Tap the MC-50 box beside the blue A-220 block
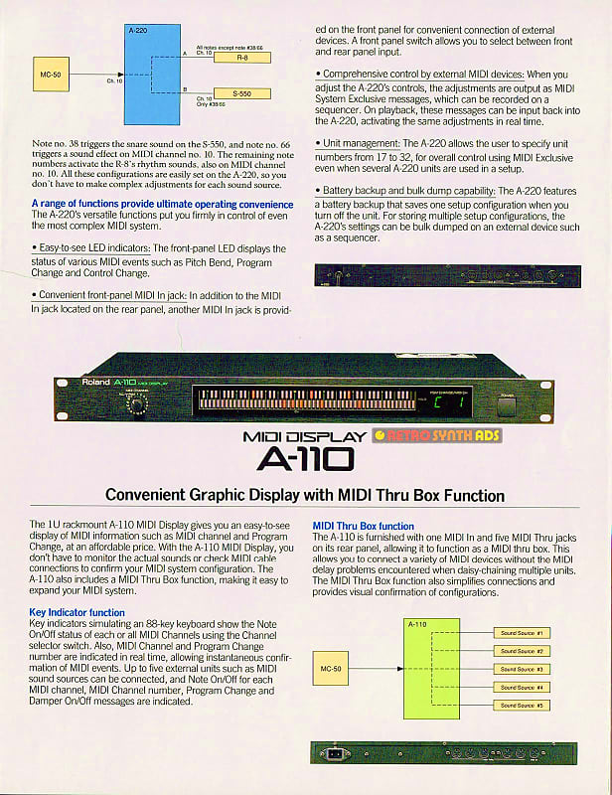pos(50,74)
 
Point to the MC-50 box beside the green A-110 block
pos(330,669)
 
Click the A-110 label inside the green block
pos(417,624)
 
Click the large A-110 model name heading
pos(305,458)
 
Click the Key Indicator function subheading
pos(77,612)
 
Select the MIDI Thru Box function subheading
pos(363,526)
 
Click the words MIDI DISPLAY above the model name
pos(303,436)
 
